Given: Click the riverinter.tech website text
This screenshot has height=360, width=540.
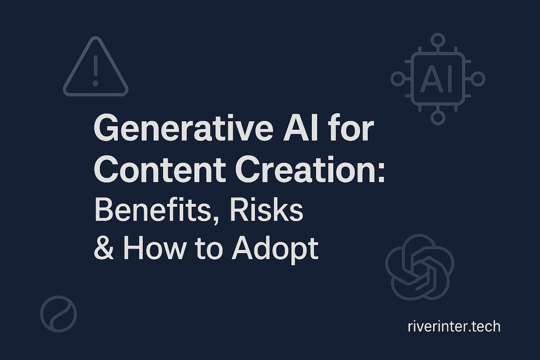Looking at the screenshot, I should coord(454,327).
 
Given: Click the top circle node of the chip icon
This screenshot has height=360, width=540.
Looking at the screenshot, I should coord(438,39).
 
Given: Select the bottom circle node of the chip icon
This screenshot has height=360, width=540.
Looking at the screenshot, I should coord(438,118).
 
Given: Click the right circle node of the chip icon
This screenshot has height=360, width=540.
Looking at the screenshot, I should coord(478,79).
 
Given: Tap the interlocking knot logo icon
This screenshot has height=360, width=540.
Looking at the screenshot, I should coord(420,268).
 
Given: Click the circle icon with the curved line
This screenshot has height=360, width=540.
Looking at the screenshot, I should coord(58,314).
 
